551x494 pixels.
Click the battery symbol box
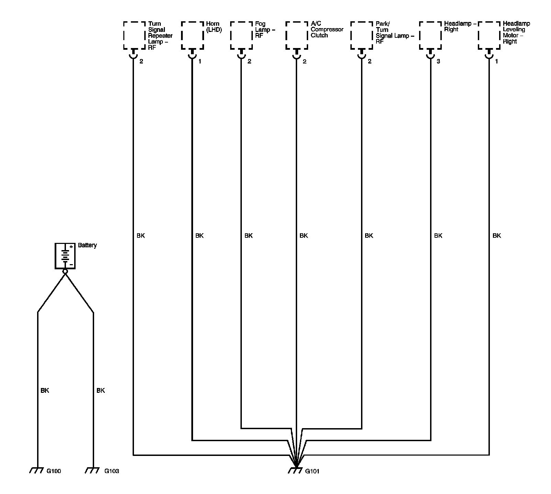click(x=65, y=256)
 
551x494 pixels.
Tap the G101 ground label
click(x=312, y=471)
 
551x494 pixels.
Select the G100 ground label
click(x=54, y=471)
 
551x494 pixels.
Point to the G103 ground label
click(x=112, y=471)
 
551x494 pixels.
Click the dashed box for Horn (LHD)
click(x=192, y=36)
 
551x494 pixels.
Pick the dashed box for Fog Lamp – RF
click(x=241, y=36)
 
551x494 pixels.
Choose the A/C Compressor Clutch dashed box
click(x=297, y=36)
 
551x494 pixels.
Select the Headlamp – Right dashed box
click(x=430, y=36)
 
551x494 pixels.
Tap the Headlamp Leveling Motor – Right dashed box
click(x=489, y=36)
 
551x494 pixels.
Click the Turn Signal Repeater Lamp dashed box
click(x=134, y=36)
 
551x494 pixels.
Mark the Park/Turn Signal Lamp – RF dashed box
click(x=362, y=36)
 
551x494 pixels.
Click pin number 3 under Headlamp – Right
click(x=438, y=62)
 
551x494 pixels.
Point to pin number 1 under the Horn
click(x=200, y=62)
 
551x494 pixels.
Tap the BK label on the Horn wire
click(x=199, y=236)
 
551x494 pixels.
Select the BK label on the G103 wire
click(x=101, y=390)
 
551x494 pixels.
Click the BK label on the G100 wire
click(x=45, y=390)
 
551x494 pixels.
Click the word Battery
click(x=87, y=245)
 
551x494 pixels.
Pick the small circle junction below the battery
click(x=65, y=271)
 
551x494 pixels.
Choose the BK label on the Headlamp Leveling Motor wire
click(x=497, y=236)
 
